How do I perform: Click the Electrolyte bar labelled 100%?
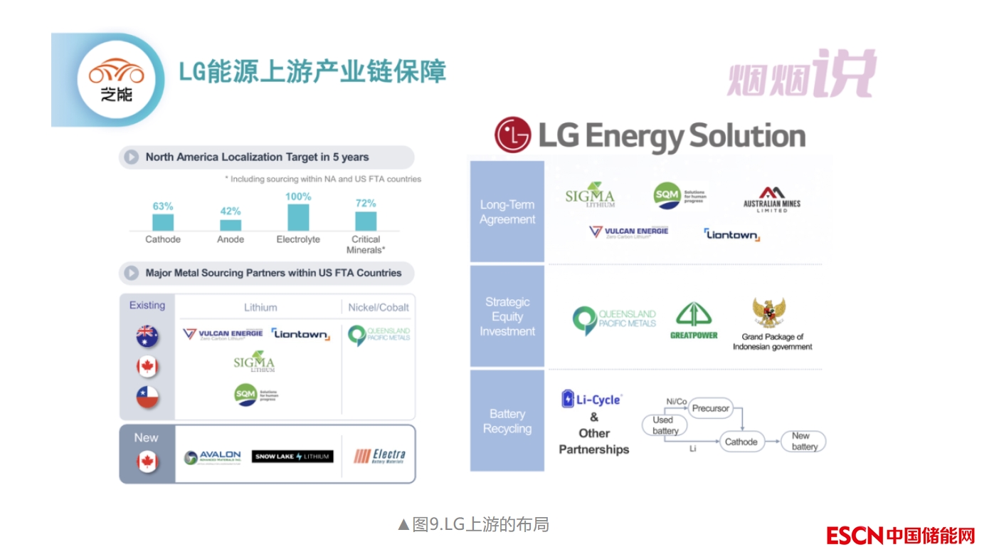298,217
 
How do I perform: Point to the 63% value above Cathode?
163,207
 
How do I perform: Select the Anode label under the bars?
231,240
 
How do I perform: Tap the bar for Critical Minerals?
366,221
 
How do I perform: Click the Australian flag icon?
147,336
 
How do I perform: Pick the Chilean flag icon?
147,397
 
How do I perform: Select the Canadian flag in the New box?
147,463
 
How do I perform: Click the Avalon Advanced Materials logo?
213,457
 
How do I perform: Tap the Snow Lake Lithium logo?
292,457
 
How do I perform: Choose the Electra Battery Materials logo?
379,456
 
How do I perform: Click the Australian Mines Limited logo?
771,199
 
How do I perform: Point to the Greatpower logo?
694,321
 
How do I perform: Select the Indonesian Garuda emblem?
769,313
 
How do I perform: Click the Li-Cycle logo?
591,399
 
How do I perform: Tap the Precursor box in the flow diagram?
710,408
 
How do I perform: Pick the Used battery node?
665,425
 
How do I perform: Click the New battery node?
804,441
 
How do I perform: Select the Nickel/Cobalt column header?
379,308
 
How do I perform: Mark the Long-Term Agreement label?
507,212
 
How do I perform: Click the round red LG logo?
513,135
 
